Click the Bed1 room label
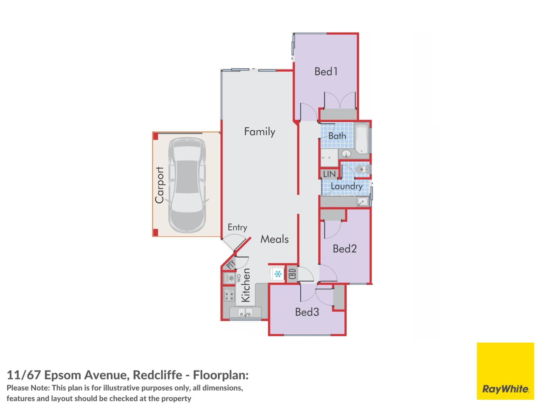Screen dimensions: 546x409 pos(326,71)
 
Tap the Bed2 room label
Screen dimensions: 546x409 pos(345,249)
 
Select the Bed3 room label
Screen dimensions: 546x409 pos(307,312)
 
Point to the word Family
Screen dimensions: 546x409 pos(260,132)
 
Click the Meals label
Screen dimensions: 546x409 pos(274,239)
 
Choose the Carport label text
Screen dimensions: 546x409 pos(160,185)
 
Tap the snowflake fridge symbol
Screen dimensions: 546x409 pos(278,274)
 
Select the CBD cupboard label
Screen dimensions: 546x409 pos(293,274)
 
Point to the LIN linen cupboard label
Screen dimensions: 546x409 pos(329,174)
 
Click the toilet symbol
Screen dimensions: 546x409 pos(363,170)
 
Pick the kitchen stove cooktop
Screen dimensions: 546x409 pos(229,295)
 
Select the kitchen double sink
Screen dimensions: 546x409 pos(245,312)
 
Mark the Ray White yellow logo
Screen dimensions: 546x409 pos(505,371)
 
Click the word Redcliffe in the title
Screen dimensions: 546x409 pos(157,375)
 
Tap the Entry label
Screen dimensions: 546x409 pos(237,228)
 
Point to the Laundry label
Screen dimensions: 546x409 pos(347,186)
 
